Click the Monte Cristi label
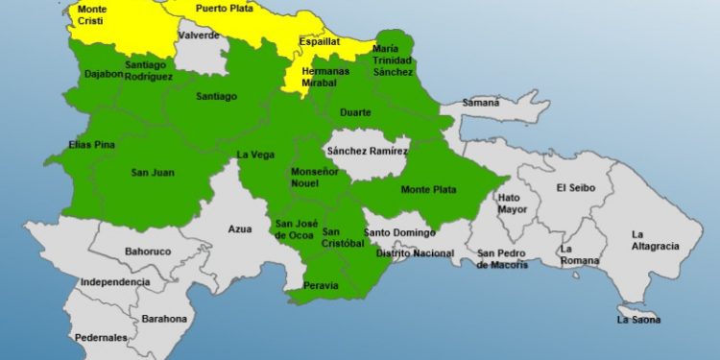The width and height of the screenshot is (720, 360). [x=92, y=15]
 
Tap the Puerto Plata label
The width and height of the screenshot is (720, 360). [x=224, y=8]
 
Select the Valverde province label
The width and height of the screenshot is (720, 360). [x=199, y=35]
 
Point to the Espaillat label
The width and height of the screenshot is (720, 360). [x=320, y=43]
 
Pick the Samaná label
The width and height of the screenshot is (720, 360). [x=481, y=102]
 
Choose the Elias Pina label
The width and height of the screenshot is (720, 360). [x=65, y=145]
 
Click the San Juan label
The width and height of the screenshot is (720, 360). [x=151, y=173]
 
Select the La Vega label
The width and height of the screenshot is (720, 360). [x=256, y=154]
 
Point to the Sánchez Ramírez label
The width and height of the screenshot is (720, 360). [x=368, y=151]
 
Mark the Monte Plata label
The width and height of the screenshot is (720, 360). [x=428, y=189]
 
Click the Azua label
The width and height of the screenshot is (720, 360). [x=240, y=228]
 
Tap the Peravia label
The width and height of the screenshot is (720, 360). [x=320, y=285]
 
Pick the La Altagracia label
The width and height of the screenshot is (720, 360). [x=654, y=240]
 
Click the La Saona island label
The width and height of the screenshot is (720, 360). [x=638, y=319]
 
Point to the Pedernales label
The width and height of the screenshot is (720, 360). [x=102, y=338]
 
